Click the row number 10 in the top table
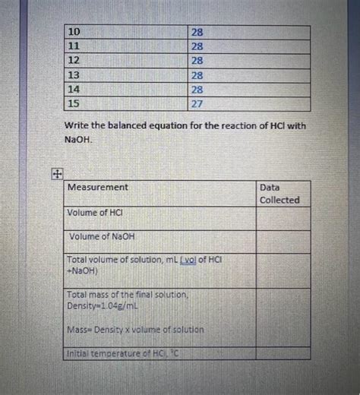click(74, 32)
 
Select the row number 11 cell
click(74, 46)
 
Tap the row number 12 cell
click(74, 61)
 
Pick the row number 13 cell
click(74, 75)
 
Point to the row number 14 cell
click(74, 90)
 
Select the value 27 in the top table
click(197, 104)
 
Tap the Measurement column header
click(98, 187)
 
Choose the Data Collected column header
click(279, 193)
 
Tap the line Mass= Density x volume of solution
click(135, 330)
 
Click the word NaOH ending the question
click(78, 140)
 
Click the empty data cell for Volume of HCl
click(283, 217)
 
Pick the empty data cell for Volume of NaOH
click(283, 241)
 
